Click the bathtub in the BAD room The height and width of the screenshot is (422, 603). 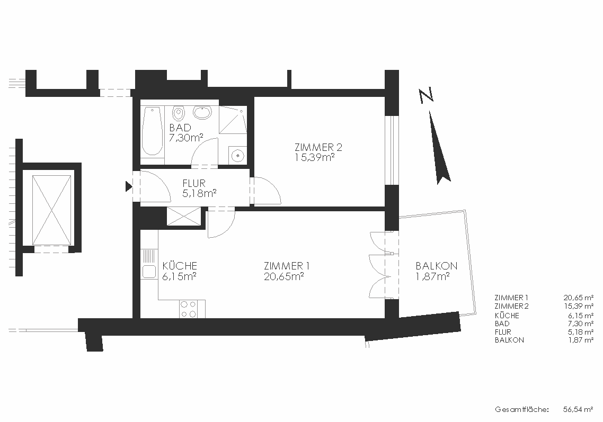(152, 131)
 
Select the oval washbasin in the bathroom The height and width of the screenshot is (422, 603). (202, 112)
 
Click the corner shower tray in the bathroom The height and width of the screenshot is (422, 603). (233, 120)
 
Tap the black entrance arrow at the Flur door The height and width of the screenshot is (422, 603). (129, 187)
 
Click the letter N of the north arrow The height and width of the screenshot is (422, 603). (426, 95)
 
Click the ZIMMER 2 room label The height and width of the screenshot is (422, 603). (318, 147)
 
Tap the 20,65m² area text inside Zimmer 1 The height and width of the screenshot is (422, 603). (284, 276)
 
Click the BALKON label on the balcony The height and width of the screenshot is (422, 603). (437, 266)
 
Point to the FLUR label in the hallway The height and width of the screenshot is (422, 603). (194, 183)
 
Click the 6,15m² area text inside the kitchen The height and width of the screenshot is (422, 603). (180, 276)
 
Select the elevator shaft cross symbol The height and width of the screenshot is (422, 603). (52, 210)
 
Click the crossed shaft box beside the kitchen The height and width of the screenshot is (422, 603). (184, 216)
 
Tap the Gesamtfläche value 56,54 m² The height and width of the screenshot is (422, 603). (578, 410)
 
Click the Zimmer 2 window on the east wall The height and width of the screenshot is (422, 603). (392, 150)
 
